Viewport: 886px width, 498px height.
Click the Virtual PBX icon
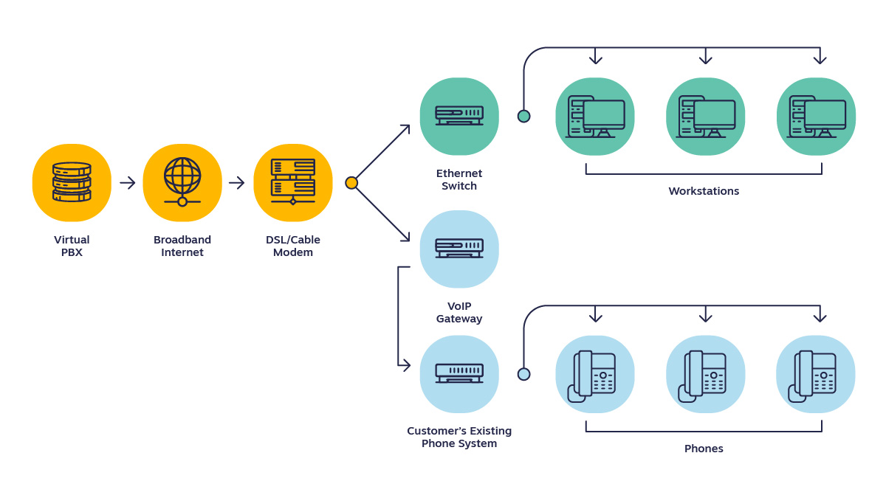(72, 182)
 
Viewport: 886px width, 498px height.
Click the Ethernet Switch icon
(459, 116)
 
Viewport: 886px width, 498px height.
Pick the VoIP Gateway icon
(459, 249)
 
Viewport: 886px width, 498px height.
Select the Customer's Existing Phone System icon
(459, 373)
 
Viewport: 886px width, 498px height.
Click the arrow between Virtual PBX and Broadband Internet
(128, 182)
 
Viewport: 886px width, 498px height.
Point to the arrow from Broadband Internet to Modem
(237, 182)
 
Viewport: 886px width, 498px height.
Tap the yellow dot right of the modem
(351, 182)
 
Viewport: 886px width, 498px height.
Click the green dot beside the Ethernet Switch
(523, 116)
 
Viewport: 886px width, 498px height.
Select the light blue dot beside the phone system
(523, 374)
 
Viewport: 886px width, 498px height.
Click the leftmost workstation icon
(595, 117)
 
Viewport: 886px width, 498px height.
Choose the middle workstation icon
(705, 117)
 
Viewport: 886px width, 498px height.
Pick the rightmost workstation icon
(816, 117)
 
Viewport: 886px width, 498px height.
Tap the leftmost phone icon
(594, 374)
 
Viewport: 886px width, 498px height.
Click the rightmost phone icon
(815, 374)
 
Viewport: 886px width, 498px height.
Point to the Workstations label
(704, 191)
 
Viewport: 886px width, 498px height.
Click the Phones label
(704, 449)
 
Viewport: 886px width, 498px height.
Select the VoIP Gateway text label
(459, 313)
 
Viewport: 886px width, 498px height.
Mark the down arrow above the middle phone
(705, 315)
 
